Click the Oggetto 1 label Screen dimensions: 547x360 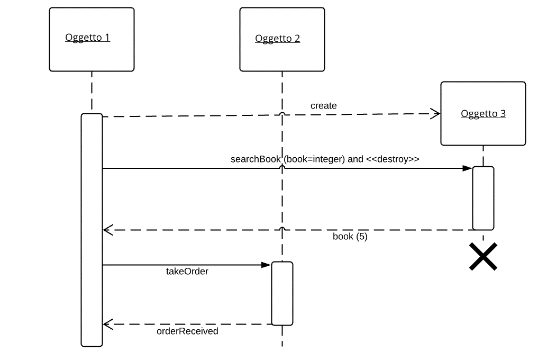coord(88,38)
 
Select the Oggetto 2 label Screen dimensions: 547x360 coord(277,39)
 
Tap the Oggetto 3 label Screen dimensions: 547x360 coord(483,113)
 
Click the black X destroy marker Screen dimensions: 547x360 coord(483,257)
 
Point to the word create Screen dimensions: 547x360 coord(324,105)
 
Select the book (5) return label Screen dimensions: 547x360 coord(350,237)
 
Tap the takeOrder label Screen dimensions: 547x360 coord(187,271)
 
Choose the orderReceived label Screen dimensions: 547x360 coord(187,331)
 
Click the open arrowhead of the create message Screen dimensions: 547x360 coord(435,113)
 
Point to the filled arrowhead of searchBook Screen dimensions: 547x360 coord(468,168)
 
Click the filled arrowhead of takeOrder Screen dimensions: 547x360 coord(266,265)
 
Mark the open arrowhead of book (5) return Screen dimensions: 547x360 coord(108,230)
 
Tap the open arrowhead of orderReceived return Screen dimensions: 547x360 coord(108,324)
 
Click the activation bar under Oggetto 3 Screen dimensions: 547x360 coord(483,198)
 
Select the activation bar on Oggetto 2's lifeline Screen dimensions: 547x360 coord(282,293)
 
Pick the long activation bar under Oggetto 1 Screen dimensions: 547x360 coord(92,230)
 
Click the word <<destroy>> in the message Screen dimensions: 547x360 coord(393,159)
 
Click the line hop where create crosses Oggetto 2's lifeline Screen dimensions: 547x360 coord(282,114)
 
